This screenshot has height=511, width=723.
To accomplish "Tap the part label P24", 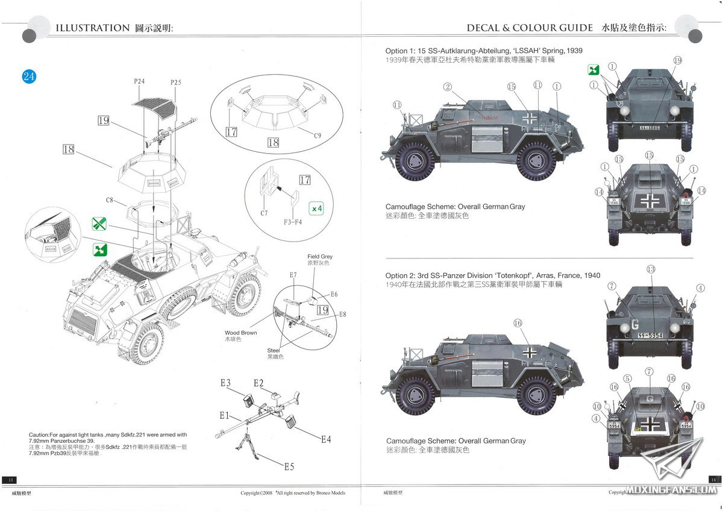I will tap(140, 81).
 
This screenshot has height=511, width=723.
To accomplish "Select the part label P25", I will tap(175, 82).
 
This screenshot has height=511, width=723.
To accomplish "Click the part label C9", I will tap(317, 136).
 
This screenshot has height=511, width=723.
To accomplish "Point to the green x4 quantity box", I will tap(316, 208).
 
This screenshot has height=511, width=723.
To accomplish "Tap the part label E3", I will tap(225, 383).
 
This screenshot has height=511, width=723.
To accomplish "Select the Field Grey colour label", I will tap(320, 257).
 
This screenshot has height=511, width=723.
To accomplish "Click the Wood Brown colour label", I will tap(241, 333).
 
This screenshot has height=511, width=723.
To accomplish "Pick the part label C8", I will tap(110, 200).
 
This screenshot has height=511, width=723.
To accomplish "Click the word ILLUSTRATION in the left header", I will tap(92, 28).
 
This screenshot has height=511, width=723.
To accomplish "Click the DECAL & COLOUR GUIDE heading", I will tap(530, 28).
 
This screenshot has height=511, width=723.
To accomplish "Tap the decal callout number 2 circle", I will tap(447, 87).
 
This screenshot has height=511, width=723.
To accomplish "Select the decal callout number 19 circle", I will tap(677, 60).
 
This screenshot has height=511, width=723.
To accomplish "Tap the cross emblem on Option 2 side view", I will tap(530, 353).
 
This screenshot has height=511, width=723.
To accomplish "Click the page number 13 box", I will tap(10, 479).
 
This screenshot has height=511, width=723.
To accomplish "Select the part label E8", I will tap(342, 314).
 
